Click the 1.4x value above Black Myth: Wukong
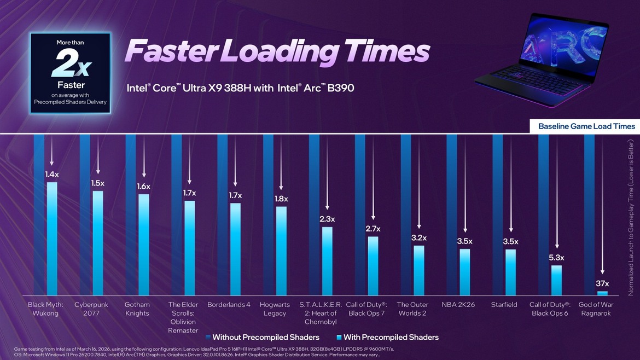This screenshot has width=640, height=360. point(52,175)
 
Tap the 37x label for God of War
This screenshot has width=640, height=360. point(602,283)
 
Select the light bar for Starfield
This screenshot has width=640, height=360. point(510,272)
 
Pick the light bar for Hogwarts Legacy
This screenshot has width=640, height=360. point(281,251)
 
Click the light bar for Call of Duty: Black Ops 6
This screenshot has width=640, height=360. point(556,280)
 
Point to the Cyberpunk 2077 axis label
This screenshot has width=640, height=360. point(91,309)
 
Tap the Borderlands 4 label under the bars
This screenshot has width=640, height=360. point(229,305)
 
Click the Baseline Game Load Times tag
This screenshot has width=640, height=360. point(586,126)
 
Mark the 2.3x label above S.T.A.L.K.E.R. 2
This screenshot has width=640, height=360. point(327,219)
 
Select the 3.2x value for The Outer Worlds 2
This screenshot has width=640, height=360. point(419,238)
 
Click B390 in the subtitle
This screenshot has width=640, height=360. point(340,88)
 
